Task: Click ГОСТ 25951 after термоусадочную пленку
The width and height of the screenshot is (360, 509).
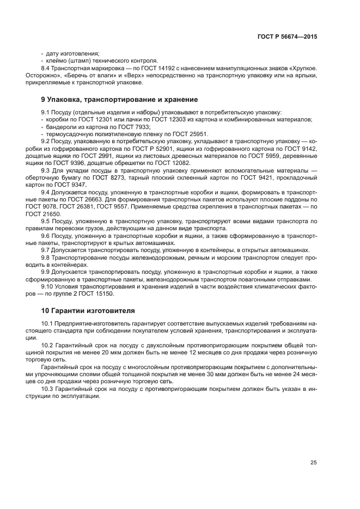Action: click(x=189, y=134)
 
